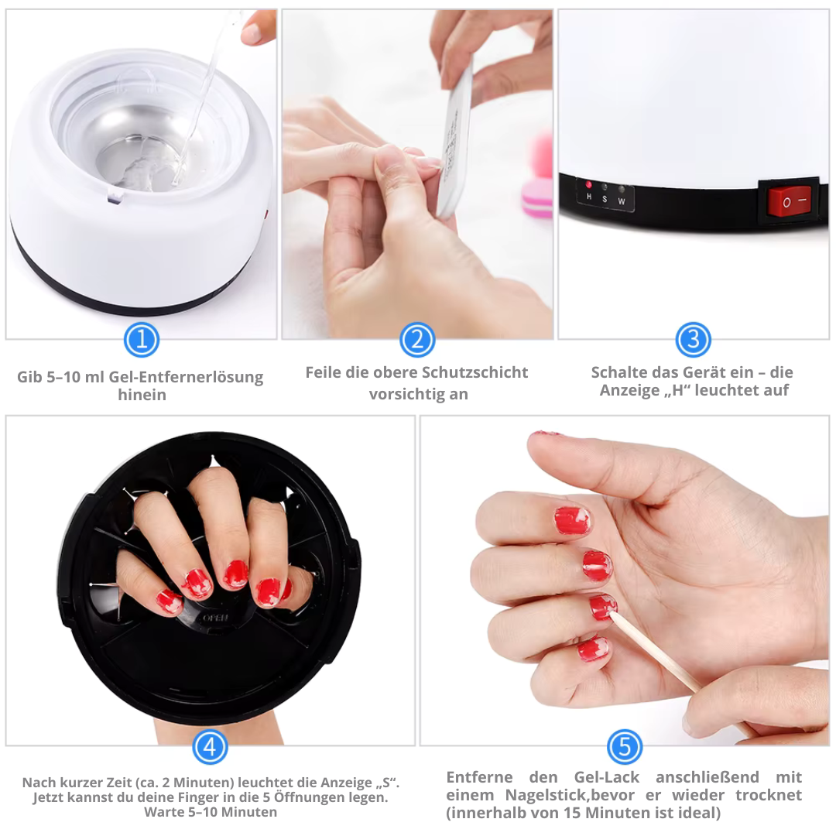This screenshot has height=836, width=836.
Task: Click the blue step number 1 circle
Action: (142, 340)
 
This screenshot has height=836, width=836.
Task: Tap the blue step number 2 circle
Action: (417, 340)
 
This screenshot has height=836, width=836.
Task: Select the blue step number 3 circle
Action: (693, 340)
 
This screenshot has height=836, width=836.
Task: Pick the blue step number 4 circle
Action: (210, 747)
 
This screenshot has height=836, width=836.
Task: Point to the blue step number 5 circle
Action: (625, 747)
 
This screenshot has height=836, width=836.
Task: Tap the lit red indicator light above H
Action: (589, 186)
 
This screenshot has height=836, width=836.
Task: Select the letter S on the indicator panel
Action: (605, 199)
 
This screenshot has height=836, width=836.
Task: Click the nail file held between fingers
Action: (455, 139)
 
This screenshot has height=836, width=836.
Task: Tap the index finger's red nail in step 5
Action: (573, 521)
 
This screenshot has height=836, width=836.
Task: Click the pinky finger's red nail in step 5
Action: (593, 649)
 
